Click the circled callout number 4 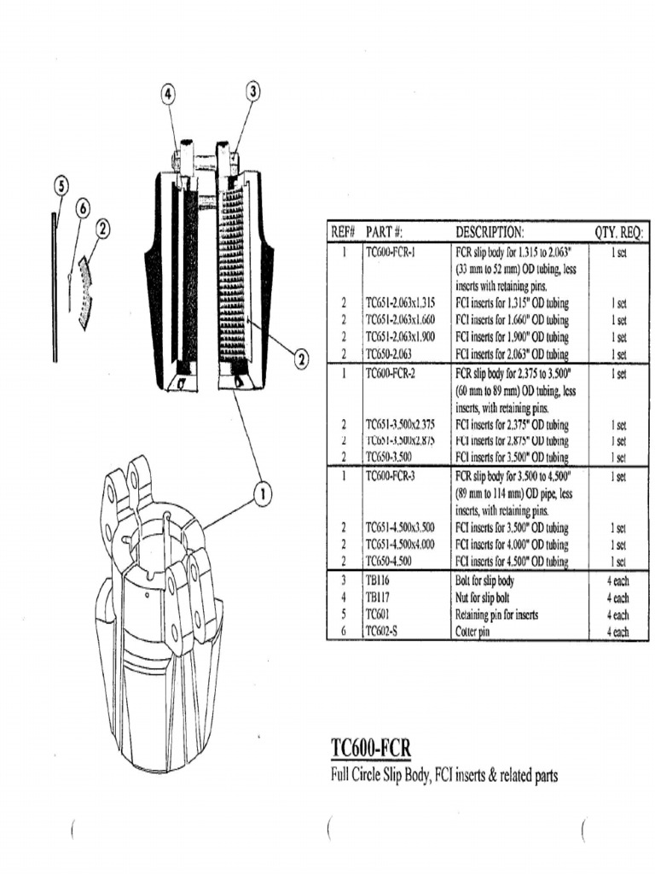point(168,93)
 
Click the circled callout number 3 point(252,91)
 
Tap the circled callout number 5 point(60,185)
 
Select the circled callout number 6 point(83,207)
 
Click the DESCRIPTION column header point(490,232)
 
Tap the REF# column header point(343,232)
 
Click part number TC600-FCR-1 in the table point(395,253)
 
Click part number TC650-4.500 point(390,561)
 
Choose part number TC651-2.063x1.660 point(400,319)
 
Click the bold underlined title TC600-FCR point(370,749)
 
